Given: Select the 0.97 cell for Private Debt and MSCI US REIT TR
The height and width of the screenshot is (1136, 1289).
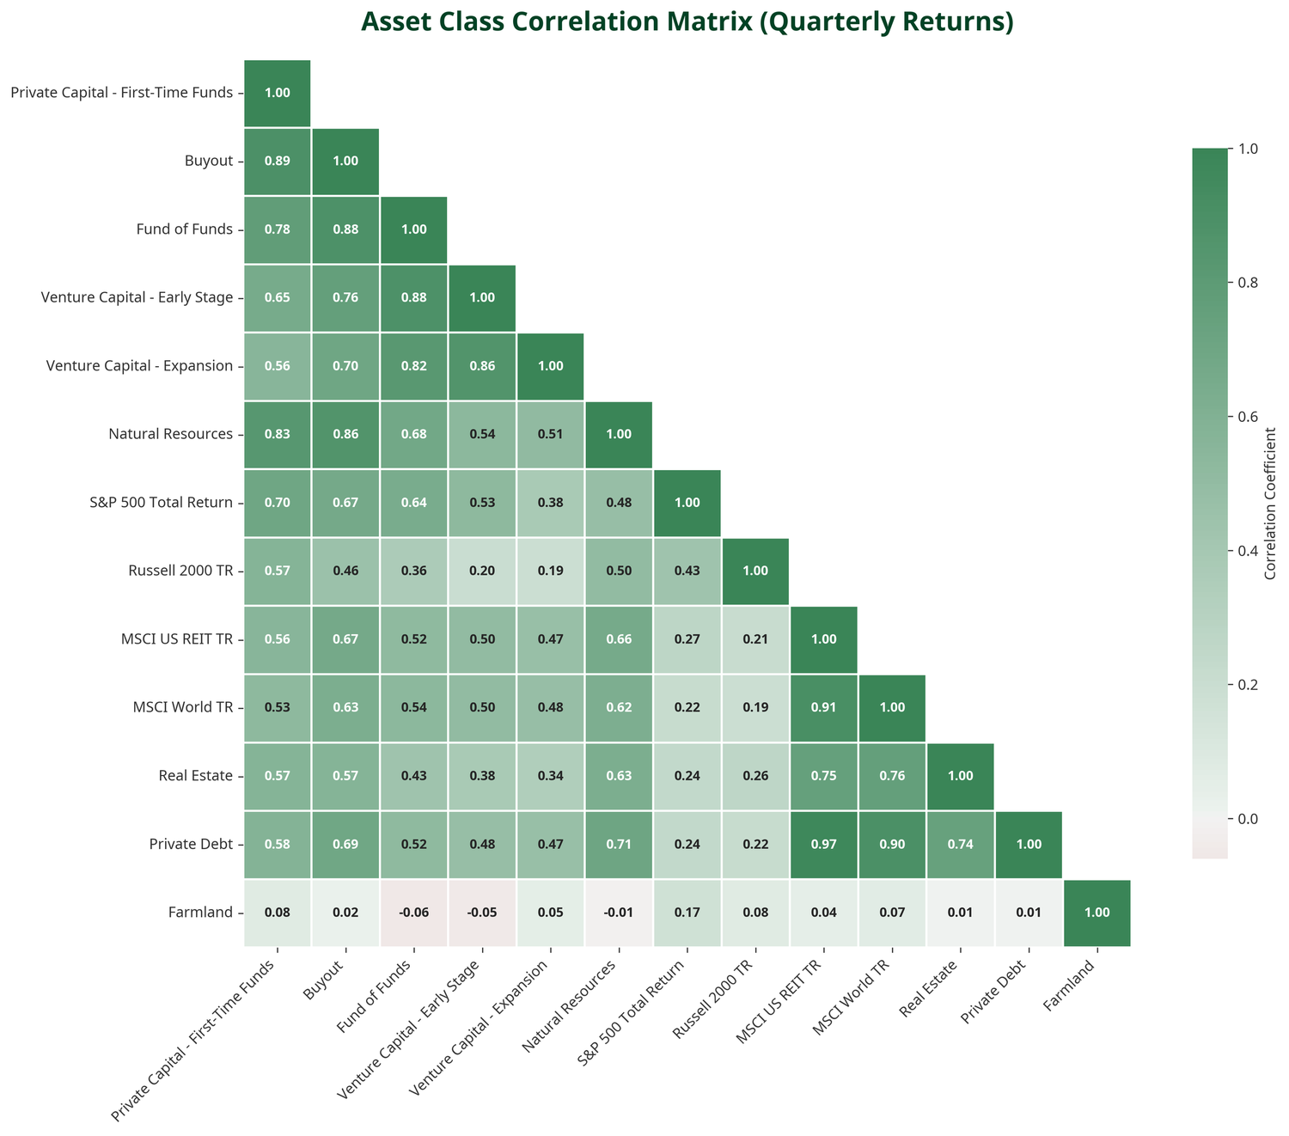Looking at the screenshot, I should (x=823, y=845).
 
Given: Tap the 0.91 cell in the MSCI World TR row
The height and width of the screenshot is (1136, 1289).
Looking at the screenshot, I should (x=823, y=708).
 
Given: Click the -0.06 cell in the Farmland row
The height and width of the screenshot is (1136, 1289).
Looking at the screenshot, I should (x=413, y=913).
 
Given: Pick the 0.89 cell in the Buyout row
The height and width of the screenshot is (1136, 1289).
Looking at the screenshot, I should (x=278, y=162).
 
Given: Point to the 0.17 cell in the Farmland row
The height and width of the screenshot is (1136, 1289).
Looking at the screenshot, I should (x=687, y=913).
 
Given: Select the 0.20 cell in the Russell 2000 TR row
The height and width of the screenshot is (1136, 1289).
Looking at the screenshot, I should (x=482, y=571).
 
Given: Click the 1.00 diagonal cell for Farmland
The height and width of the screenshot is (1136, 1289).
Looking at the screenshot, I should (x=1097, y=913).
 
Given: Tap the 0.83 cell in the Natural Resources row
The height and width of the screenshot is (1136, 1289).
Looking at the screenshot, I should (x=278, y=435).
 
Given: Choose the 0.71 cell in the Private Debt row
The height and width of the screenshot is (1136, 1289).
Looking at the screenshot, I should (x=618, y=845).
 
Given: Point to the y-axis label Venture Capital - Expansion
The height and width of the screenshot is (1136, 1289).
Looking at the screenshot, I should (x=137, y=366).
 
